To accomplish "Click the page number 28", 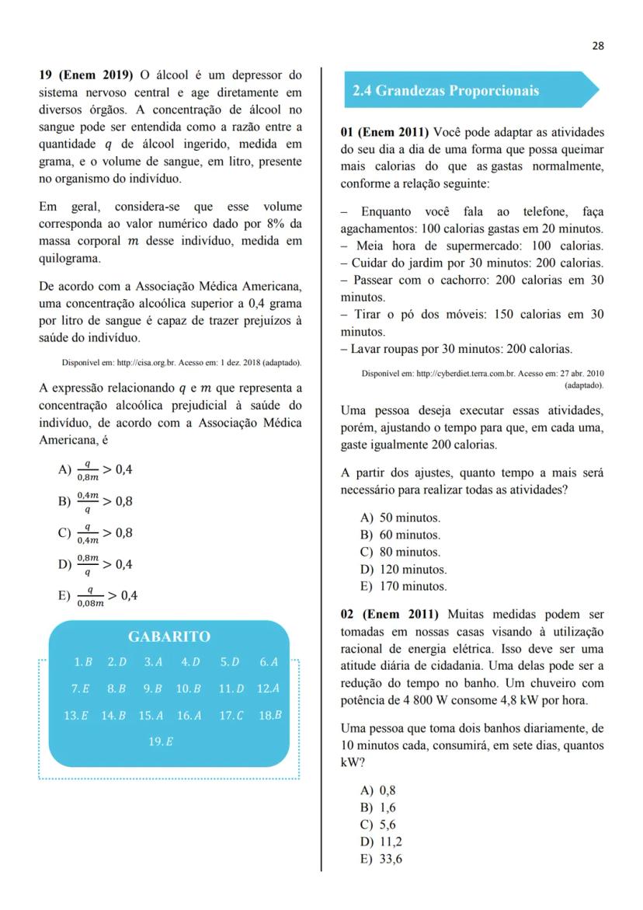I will point(597,46).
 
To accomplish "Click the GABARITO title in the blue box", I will point(169,637).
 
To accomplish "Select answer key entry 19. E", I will point(161,741).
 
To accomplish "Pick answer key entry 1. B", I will point(83,663).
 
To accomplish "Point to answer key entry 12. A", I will point(268,689).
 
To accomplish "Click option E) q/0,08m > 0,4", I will point(98,597).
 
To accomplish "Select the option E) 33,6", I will point(381,859).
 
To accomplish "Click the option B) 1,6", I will point(378,808).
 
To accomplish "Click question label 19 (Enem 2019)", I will point(86,76).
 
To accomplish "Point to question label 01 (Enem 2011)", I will point(384,132).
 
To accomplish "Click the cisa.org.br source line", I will point(182,363).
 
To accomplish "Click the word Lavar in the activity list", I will point(367,350).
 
